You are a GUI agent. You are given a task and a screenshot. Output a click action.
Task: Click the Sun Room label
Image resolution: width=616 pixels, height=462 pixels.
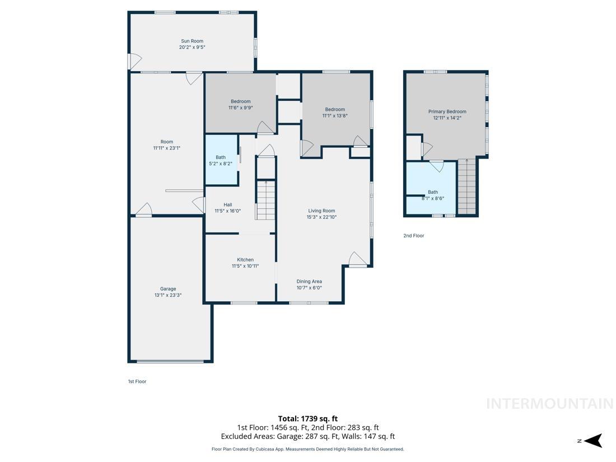pyautogui.click(x=192, y=41)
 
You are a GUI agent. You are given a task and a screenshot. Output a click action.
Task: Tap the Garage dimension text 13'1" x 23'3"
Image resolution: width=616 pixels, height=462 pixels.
pyautogui.click(x=167, y=295)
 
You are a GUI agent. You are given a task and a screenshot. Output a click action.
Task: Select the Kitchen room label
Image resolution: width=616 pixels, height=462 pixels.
pyautogui.click(x=245, y=260)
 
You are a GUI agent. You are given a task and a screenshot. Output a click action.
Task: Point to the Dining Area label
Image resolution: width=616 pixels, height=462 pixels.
pyautogui.click(x=309, y=282)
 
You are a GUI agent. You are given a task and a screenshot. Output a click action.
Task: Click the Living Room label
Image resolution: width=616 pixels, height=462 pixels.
pyautogui.click(x=321, y=211)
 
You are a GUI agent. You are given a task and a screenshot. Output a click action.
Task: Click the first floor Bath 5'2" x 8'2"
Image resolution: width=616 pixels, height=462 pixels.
pyautogui.click(x=221, y=160)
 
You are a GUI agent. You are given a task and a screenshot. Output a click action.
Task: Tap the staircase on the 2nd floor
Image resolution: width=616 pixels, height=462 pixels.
pyautogui.click(x=466, y=186)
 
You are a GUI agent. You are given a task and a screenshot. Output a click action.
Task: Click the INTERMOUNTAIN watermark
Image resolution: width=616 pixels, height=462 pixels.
pyautogui.click(x=549, y=404)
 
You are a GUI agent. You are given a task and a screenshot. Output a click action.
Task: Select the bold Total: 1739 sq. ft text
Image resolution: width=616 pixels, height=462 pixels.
pyautogui.click(x=307, y=418)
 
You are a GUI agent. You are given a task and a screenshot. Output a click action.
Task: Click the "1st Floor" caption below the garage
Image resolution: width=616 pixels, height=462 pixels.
pyautogui.click(x=137, y=381)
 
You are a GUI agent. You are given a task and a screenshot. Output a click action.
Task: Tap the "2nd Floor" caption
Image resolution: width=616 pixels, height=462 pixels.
pyautogui.click(x=414, y=236)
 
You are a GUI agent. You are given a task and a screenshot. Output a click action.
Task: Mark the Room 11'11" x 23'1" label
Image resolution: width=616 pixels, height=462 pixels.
pyautogui.click(x=167, y=145)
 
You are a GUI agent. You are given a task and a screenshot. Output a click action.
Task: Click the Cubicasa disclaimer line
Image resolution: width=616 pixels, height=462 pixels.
pyautogui.click(x=307, y=449)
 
